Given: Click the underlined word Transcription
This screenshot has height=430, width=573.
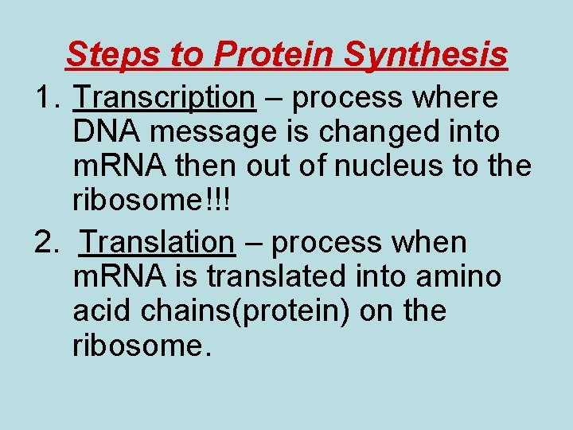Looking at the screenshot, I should point(164,98).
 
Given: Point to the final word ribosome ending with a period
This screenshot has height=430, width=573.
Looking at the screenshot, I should point(142,346).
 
